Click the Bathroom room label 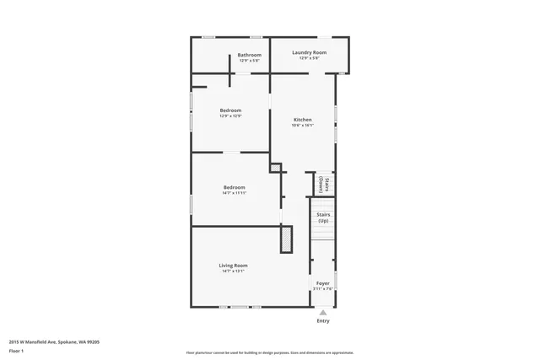coord(249,56)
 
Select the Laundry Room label coord(309,52)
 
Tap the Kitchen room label coord(302,120)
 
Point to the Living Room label coord(233,266)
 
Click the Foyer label coord(323,283)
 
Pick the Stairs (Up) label coord(323,218)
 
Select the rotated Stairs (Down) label coord(322,185)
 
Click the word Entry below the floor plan coord(323,321)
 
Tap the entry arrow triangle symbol coord(323,312)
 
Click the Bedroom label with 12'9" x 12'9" coord(230,110)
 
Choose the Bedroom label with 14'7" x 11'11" coord(234,187)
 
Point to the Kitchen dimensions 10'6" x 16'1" coord(302,126)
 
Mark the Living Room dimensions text coord(233,271)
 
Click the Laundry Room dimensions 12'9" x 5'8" coord(309,58)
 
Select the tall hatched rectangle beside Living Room coord(287,239)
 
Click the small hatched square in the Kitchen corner coord(275,169)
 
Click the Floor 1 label coord(17,352)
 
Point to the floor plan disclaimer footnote coord(269,352)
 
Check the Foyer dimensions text coord(323,289)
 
